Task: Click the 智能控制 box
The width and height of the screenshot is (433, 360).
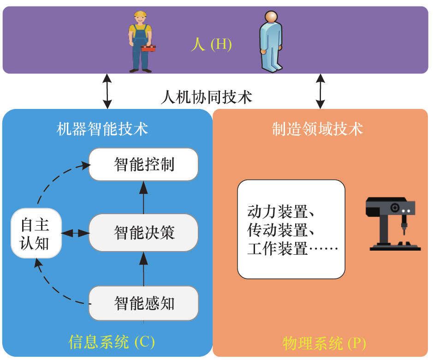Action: (143, 164)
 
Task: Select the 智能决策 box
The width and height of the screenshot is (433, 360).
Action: (143, 233)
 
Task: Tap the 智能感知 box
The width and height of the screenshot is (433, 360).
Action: (143, 303)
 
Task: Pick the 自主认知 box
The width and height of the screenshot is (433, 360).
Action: (36, 234)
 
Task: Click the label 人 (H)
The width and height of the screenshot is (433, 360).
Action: (211, 45)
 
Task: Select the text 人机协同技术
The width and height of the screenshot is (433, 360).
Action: (207, 97)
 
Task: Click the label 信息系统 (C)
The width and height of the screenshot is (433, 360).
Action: (111, 342)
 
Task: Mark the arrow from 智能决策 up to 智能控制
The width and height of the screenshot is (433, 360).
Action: (143, 197)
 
